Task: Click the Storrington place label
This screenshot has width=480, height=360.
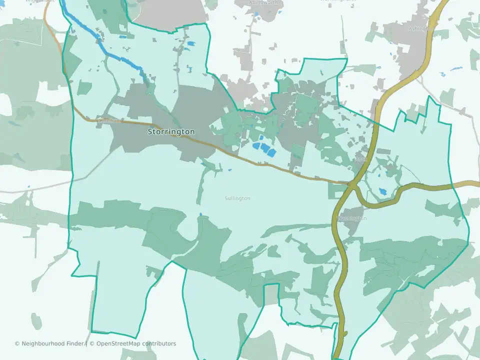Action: click(171, 131)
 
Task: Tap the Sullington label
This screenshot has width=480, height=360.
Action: click(237, 198)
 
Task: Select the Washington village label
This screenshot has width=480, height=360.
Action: click(352, 218)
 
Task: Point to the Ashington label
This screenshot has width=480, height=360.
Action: click(420, 28)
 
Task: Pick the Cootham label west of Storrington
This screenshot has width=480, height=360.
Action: click(109, 120)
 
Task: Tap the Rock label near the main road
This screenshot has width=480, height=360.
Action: click(361, 159)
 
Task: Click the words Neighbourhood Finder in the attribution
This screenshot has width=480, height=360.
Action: click(53, 343)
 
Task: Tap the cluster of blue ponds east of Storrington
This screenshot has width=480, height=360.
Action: click(263, 148)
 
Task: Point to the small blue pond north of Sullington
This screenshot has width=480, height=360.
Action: click(201, 215)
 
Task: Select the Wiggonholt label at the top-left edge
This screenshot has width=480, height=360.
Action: click(39, 1)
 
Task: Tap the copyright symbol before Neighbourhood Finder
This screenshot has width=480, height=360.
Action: click(17, 343)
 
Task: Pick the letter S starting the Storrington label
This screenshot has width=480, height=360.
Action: click(150, 131)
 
